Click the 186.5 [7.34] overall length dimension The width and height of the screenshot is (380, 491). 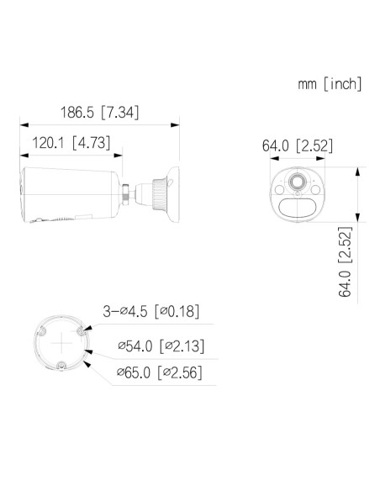click(x=99, y=112)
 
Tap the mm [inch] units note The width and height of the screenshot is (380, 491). click(x=329, y=83)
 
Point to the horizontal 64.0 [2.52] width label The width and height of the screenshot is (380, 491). click(x=297, y=145)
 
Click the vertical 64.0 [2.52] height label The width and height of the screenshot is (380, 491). click(x=344, y=262)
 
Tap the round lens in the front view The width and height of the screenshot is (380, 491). click(x=298, y=183)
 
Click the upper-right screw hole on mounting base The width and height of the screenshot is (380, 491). click(x=80, y=332)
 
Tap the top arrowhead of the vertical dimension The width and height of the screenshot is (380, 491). click(x=359, y=171)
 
